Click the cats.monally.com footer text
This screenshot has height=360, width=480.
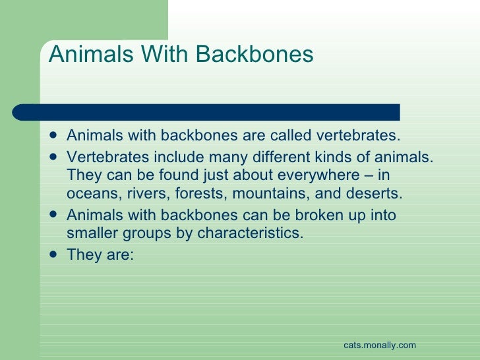coord(380,345)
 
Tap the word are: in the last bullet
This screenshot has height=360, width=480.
coord(119,254)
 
